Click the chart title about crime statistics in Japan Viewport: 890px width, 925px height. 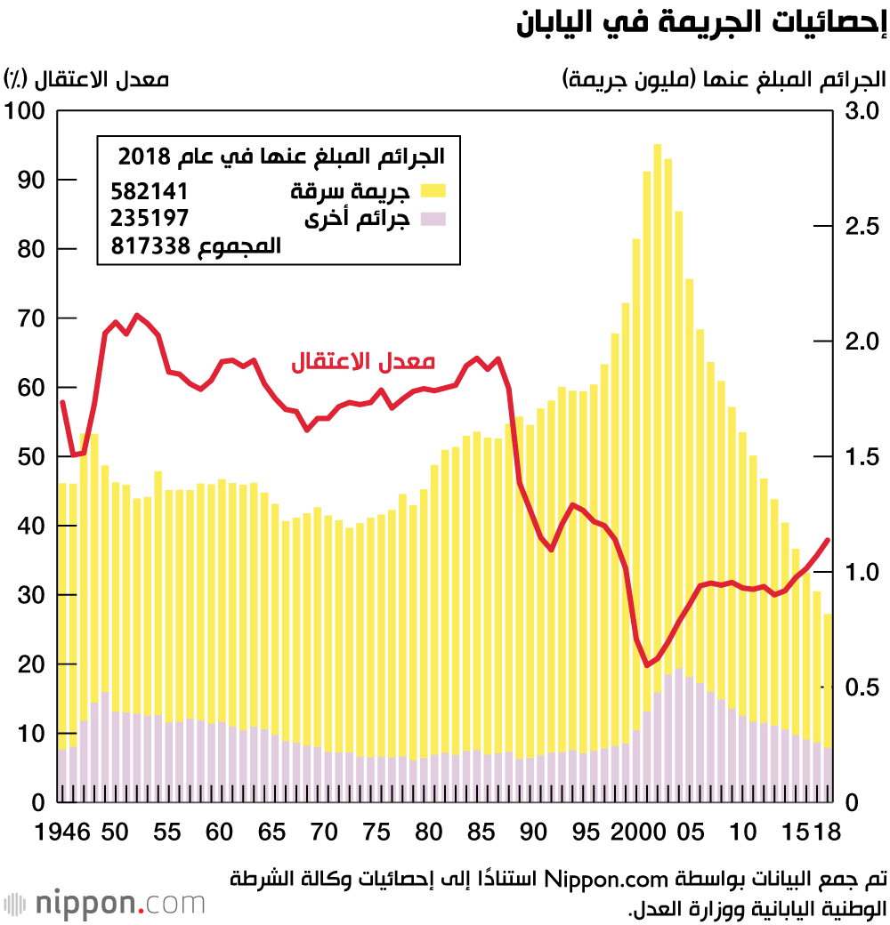pos(700,24)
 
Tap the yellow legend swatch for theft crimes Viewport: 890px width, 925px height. pos(433,189)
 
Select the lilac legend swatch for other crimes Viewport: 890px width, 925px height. pos(433,219)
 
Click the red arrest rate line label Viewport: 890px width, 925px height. pos(364,362)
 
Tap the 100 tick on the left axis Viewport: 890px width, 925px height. pos(24,111)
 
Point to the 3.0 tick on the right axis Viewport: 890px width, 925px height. pos(861,111)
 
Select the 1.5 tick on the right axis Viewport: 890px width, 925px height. pos(861,457)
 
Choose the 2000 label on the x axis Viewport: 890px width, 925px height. pos(632,833)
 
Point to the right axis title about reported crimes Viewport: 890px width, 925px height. pos(724,79)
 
